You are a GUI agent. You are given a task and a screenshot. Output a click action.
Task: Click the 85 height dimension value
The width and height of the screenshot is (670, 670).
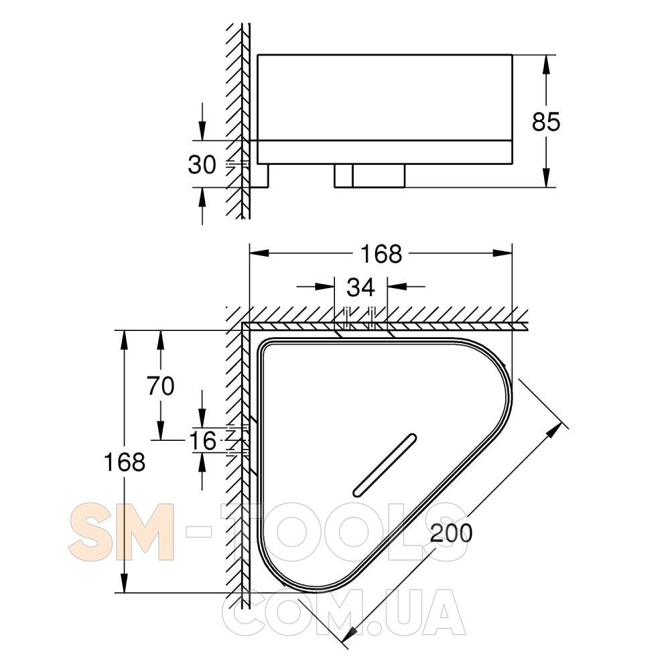coord(545,122)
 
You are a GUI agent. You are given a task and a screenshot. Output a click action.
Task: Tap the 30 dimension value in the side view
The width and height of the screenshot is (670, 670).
coord(202,165)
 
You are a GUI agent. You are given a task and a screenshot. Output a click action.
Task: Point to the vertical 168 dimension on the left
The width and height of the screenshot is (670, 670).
coord(125,462)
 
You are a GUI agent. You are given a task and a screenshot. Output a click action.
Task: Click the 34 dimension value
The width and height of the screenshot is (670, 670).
coord(360,287)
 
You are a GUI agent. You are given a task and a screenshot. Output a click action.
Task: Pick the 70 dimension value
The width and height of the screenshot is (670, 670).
coord(161,386)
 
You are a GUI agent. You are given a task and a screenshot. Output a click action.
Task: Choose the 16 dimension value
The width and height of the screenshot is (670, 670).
coord(202,441)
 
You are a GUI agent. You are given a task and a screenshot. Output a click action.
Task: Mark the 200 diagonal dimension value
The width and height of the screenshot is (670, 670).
coord(451,533)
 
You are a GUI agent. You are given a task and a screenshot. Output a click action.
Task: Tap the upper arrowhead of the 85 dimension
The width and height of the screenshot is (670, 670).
coord(545,64)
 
